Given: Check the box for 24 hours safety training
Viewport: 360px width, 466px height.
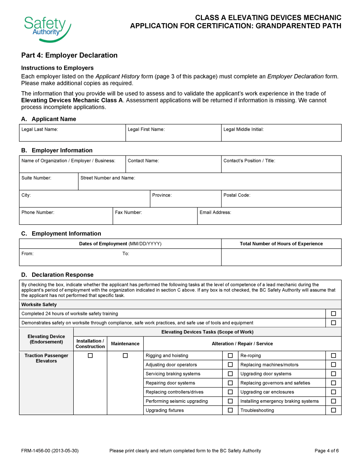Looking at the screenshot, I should pos(333,314).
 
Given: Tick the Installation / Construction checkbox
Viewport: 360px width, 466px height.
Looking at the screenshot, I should pos(90,356).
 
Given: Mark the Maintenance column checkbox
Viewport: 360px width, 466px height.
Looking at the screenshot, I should pos(125,356).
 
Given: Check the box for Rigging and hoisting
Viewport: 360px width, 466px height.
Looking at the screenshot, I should pos(230,356).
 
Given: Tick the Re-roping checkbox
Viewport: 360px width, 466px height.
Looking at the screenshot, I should pos(333,356).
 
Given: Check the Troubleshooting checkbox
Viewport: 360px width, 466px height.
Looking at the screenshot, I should pos(333,410).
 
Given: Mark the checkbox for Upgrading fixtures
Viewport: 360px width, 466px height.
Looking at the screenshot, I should pos(230,410).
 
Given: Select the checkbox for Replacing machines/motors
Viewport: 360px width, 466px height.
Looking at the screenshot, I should pos(333,365).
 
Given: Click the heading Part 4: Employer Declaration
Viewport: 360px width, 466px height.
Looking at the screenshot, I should pos(69,55).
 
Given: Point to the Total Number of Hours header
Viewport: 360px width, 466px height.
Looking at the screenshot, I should pos(281,244).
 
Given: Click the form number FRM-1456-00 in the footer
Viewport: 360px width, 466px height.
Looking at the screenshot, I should pos(50,451).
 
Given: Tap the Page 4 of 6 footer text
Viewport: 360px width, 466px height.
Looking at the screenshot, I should pos(327,451).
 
